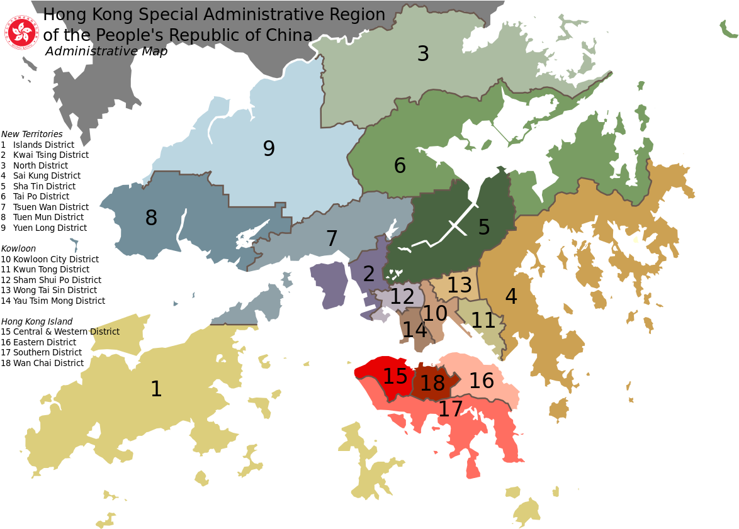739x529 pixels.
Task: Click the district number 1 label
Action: coord(156,389)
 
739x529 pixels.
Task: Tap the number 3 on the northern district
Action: coord(423,54)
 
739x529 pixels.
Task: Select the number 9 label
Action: coord(269,149)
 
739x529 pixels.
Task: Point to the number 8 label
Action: coord(151,218)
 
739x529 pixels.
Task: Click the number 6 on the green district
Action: coord(400,166)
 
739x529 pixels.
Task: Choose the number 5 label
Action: coord(483,228)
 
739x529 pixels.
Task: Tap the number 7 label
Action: coord(332,239)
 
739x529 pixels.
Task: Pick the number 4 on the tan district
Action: coord(511,297)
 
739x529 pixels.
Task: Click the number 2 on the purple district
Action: coord(369,274)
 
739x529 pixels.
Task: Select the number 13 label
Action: coord(460,286)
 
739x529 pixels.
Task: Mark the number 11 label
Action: coord(483,321)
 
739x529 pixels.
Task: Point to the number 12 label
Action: coord(402,296)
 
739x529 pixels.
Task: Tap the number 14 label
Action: coord(414,330)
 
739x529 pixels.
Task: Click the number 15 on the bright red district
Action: coord(395,377)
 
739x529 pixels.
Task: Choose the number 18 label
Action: coord(432,383)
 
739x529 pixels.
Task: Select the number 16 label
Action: coord(482,381)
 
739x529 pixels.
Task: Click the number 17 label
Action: coord(451,409)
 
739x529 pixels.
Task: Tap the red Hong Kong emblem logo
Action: coord(22,33)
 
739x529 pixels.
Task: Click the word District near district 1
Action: coord(104,331)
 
